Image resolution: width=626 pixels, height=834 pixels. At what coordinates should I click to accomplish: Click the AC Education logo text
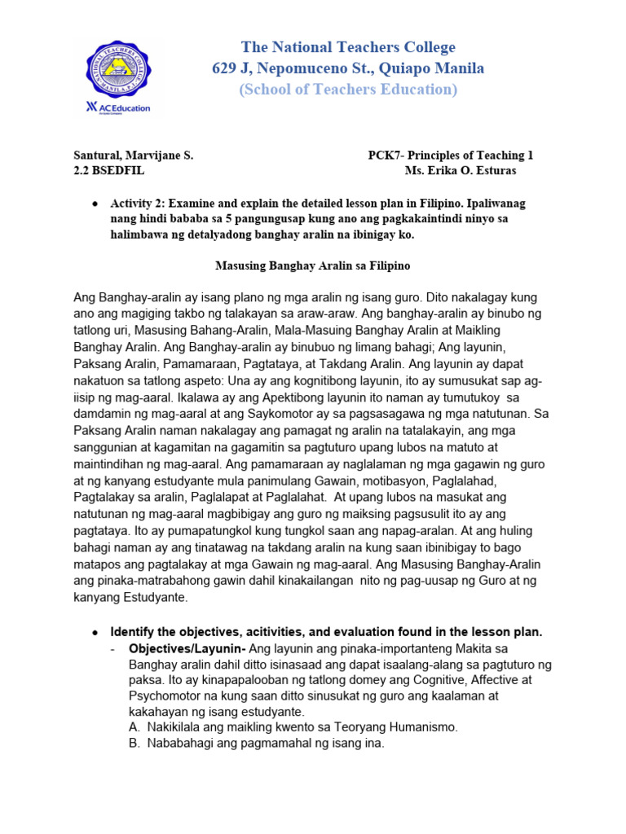[x=117, y=108]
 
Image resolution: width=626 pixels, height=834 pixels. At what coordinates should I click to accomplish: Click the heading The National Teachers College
[x=348, y=47]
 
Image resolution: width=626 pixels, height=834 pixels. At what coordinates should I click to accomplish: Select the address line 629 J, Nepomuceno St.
[x=348, y=68]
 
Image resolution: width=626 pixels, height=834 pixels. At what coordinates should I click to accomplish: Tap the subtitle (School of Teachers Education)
[x=348, y=89]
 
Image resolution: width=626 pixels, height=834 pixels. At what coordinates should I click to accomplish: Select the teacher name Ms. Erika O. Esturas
[x=461, y=171]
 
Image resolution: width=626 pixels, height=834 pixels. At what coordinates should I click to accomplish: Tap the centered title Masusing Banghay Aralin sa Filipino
[x=312, y=266]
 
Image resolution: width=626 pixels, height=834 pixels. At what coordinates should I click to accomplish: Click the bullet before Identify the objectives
[x=96, y=632]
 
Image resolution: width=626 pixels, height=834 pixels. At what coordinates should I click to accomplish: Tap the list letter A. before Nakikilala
[x=135, y=727]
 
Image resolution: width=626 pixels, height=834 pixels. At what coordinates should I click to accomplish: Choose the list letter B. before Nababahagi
[x=135, y=743]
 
